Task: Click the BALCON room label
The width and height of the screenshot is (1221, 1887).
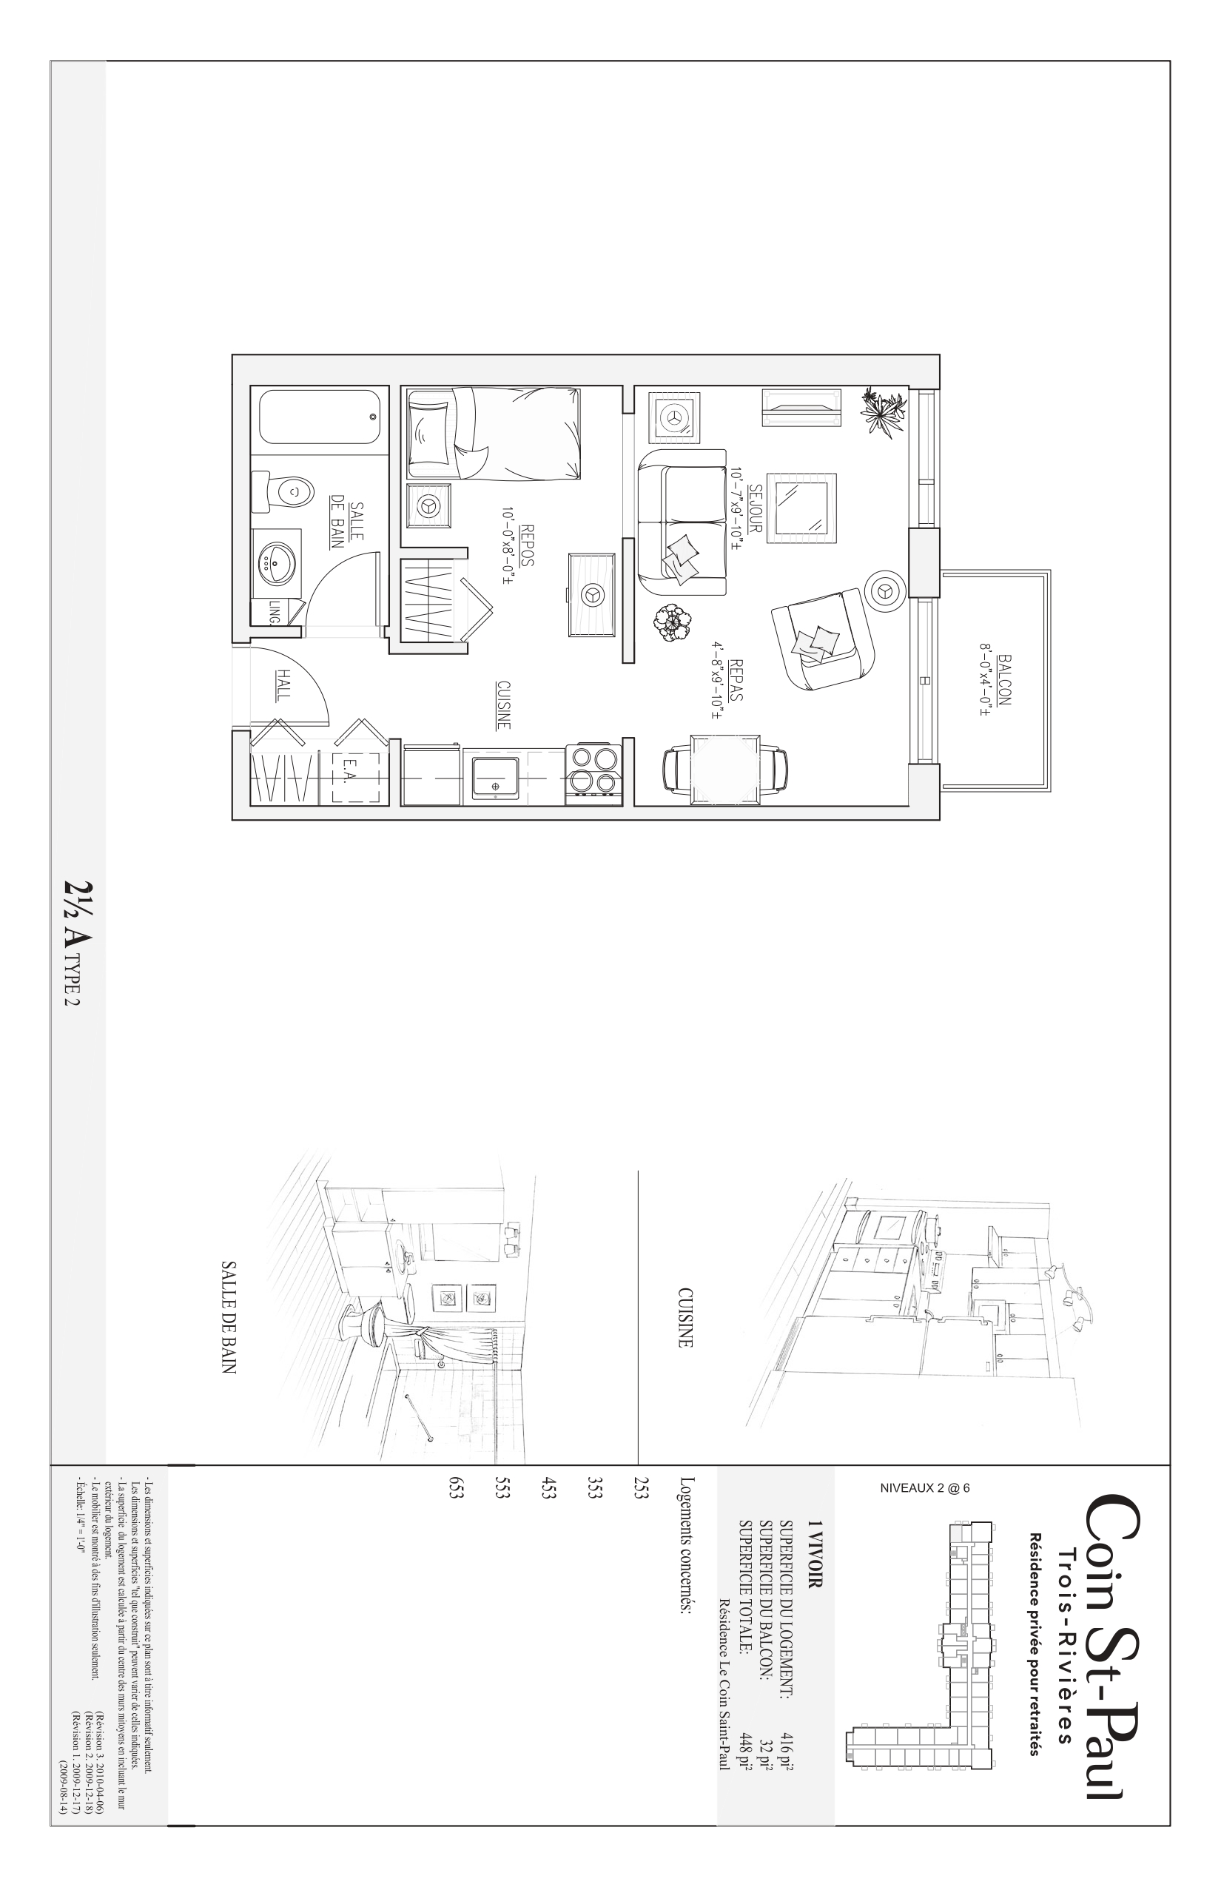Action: tap(1006, 679)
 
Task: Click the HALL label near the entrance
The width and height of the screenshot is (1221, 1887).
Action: tap(283, 684)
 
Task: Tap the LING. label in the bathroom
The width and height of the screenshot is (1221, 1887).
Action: tap(275, 611)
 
